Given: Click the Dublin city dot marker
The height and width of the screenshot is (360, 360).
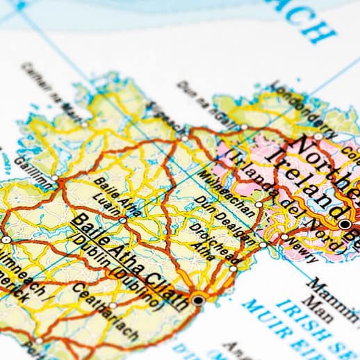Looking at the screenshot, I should [199, 300].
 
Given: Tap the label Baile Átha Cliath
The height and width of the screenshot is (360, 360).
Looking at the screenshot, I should [129, 263].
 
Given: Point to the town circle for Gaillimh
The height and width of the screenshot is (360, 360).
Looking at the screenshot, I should [55, 178].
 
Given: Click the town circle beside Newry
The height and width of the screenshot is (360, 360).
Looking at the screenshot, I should [284, 237].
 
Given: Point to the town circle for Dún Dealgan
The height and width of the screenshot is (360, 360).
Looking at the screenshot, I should [263, 245].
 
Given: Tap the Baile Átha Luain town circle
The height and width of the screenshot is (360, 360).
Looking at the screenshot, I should [123, 220].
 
